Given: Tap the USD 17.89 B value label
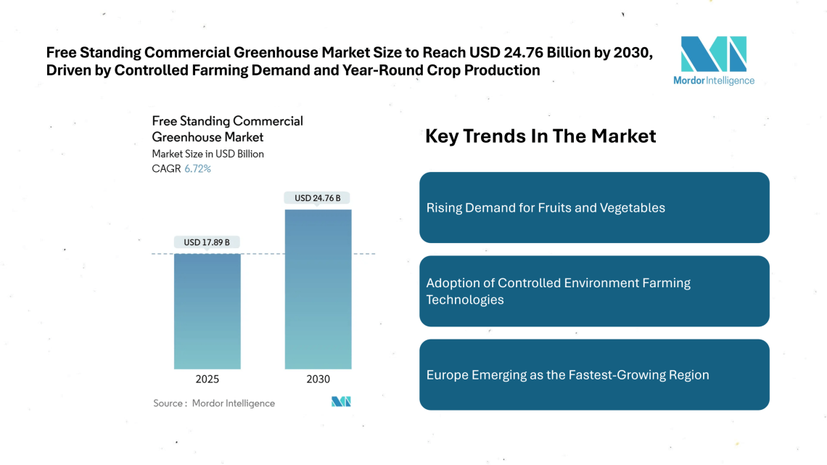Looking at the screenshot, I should (x=207, y=242).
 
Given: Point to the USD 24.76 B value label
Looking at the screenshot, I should (x=318, y=198).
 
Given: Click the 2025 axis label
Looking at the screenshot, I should (x=207, y=379).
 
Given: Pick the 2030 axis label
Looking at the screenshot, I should (x=318, y=379).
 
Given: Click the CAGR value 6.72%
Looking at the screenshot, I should (x=198, y=169).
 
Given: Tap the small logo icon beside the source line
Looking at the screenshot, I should (x=341, y=402).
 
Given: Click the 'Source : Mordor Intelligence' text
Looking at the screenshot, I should (x=214, y=403).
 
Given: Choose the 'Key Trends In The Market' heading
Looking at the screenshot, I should (x=540, y=136).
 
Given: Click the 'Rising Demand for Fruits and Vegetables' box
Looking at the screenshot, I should (x=594, y=207).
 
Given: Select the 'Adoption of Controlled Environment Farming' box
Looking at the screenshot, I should (x=594, y=291).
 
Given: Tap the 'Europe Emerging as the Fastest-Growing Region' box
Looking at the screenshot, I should (x=594, y=375).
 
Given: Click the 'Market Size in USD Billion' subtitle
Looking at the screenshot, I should (x=207, y=154).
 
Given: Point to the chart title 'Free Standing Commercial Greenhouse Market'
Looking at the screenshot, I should (x=227, y=128).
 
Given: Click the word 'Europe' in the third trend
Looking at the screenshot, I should (x=448, y=375).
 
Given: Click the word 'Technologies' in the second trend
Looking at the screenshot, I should (x=465, y=300).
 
